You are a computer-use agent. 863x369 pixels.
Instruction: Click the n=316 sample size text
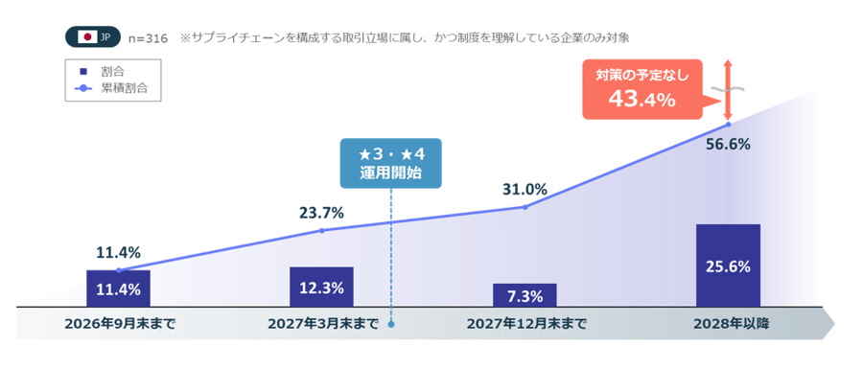(x=148, y=38)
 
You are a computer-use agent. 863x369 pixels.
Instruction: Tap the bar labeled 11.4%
(x=118, y=289)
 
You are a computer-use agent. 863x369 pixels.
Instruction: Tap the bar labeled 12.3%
(x=321, y=288)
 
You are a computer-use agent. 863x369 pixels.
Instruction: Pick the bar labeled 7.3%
(x=525, y=295)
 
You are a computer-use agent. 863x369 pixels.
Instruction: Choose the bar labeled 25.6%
(x=728, y=266)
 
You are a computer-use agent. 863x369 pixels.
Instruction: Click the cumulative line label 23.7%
(x=321, y=213)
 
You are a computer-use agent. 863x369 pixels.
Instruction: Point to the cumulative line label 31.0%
(x=525, y=189)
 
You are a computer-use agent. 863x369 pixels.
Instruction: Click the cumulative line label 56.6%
(x=728, y=145)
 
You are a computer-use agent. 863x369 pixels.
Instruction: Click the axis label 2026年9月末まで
(x=120, y=324)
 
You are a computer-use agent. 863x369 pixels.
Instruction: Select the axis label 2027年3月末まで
(x=321, y=324)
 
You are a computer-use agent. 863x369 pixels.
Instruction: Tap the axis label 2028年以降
(x=728, y=324)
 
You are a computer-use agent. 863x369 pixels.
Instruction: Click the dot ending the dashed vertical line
(x=391, y=323)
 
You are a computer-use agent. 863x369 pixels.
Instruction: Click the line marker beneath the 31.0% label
(x=525, y=207)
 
